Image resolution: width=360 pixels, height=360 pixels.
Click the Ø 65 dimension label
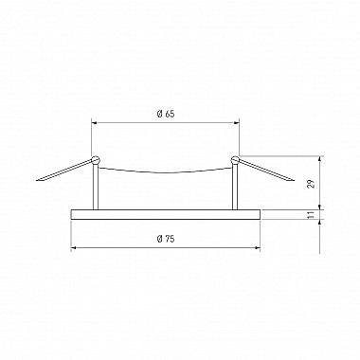tap(166, 114)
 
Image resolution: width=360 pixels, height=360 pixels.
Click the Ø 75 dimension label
tap(166, 239)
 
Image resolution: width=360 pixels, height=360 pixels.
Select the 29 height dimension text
tap(312, 184)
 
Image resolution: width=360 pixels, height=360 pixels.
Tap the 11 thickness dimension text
tap(312, 215)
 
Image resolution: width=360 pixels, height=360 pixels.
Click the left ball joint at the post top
tap(95, 160)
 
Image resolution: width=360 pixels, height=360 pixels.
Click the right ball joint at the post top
tap(235, 160)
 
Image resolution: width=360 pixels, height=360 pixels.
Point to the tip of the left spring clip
tap(37, 181)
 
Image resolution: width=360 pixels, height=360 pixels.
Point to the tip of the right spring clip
tap(295, 181)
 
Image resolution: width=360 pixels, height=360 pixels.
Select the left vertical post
tap(96, 187)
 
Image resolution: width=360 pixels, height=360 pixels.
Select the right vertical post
tap(235, 187)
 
